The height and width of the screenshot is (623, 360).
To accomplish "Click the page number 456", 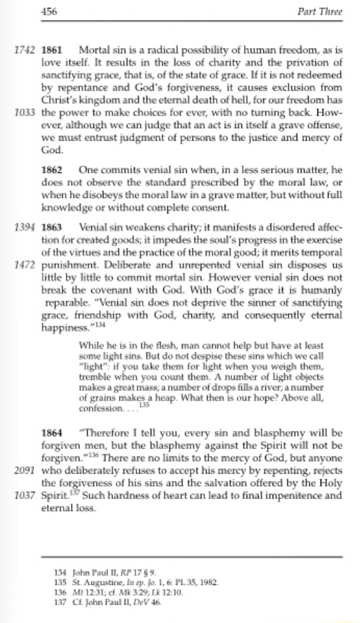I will (50, 11).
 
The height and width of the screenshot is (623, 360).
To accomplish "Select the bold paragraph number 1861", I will (52, 51).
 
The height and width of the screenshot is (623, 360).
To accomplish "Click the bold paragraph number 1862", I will (52, 170).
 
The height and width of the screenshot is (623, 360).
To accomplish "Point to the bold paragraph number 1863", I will (52, 227).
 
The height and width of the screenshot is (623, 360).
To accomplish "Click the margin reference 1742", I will (25, 51).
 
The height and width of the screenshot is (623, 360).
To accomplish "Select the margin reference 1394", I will (25, 227).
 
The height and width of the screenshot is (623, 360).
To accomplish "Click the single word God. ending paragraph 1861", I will (51, 151).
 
